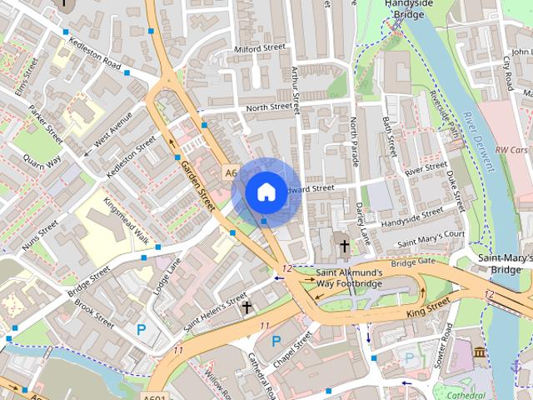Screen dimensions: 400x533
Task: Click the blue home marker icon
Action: pyautogui.click(x=266, y=192)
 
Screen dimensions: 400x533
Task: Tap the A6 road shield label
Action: pyautogui.click(x=231, y=172)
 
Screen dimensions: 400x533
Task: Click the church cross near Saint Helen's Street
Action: pyautogui.click(x=247, y=307)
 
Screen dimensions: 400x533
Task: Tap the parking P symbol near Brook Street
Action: pyautogui.click(x=141, y=330)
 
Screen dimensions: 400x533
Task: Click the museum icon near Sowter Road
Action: pyautogui.click(x=481, y=354)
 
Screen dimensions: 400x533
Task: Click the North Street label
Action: pyautogui.click(x=269, y=107)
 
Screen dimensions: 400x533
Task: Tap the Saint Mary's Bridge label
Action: pyautogui.click(x=505, y=264)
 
